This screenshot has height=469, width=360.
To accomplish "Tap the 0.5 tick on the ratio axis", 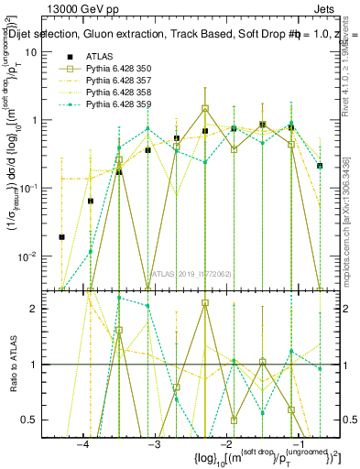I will [x=42, y=420].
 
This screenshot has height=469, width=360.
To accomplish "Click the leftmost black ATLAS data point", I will [x=62, y=237].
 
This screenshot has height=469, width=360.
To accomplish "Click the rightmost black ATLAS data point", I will [x=320, y=166].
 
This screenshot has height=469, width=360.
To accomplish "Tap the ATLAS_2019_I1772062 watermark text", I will [x=191, y=273].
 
